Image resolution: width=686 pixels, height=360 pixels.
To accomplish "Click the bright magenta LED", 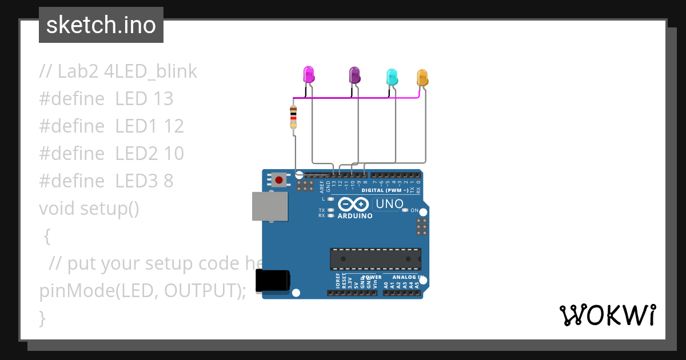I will coord(308,74).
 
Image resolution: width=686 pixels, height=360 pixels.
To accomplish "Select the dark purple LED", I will coord(354,75).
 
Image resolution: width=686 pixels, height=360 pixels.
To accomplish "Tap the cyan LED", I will coord(392,77).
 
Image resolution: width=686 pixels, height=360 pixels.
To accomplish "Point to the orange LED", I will coord(422,77).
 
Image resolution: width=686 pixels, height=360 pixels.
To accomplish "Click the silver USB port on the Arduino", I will coord(270,206).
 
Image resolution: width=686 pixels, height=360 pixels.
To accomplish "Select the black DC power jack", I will coord(272,281).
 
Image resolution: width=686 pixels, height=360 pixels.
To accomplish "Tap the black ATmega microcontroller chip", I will coord(375,259).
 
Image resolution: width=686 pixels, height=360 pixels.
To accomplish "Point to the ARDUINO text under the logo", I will coord(355,216).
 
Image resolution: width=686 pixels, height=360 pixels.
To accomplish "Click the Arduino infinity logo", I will coord(353,204).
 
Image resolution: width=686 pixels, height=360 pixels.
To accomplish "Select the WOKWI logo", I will coord(607,315).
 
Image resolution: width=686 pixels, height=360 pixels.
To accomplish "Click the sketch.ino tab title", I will coord(101,25).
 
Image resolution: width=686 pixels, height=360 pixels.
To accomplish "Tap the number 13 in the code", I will coord(163,99).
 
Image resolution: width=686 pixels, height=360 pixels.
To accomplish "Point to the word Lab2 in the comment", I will coord(78,71).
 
